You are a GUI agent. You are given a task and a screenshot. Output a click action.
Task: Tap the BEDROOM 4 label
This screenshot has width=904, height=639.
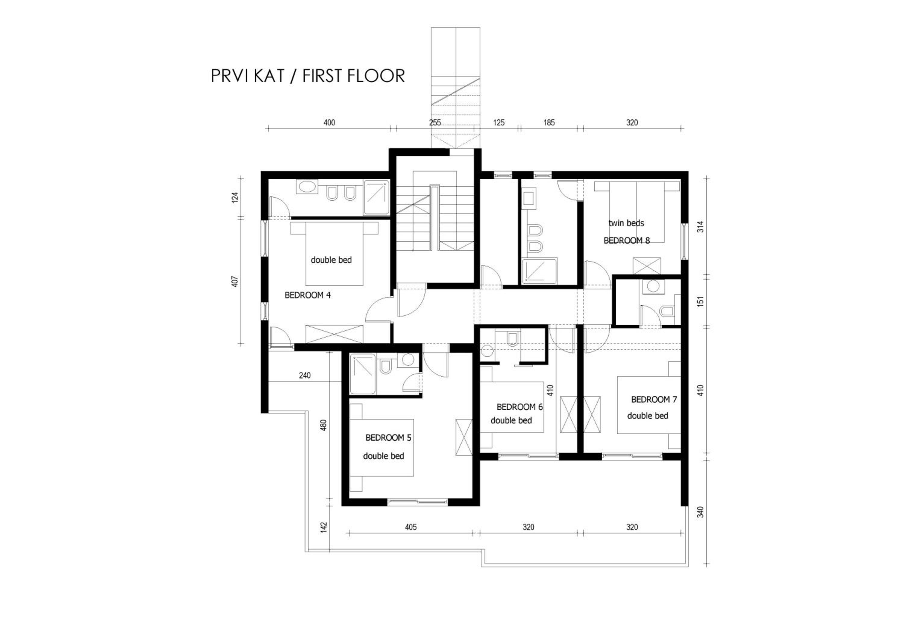tap(307, 295)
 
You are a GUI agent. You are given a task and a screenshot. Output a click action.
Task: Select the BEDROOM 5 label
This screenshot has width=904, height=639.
tap(388, 437)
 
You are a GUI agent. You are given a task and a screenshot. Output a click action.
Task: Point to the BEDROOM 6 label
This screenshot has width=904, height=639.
tap(519, 407)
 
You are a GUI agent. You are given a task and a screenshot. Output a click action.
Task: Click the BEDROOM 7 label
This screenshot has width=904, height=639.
tap(654, 399)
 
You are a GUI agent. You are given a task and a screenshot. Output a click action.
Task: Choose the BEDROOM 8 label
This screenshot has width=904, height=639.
tap(626, 240)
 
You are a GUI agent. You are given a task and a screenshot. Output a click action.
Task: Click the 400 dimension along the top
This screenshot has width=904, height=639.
tap(329, 122)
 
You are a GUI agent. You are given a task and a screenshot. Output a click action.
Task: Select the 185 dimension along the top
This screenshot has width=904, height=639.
tap(549, 122)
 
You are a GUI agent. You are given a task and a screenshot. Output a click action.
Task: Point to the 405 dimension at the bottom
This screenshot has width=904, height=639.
tap(411, 527)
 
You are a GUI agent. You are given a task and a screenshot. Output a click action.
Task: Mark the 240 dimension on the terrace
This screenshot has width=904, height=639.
tap(305, 375)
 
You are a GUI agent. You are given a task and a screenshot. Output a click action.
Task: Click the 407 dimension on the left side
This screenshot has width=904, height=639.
tap(235, 282)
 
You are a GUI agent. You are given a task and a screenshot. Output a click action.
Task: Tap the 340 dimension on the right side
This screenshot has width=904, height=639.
tap(700, 512)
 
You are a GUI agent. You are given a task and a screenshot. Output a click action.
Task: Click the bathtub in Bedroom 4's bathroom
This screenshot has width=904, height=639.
tap(307, 187)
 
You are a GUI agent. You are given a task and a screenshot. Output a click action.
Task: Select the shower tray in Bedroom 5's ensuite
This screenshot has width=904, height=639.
tap(363, 374)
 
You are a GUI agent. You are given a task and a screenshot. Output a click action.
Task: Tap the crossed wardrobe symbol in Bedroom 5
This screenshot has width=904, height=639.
tap(464, 437)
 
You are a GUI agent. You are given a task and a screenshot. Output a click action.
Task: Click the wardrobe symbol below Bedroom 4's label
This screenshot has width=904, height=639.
tap(334, 334)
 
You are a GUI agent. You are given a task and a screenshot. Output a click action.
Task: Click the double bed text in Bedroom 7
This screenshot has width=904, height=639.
tap(648, 416)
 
